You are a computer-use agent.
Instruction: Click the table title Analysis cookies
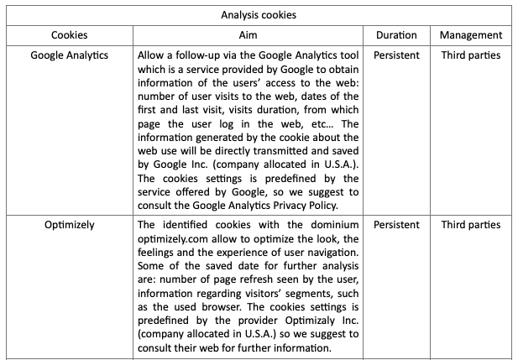point(259,15)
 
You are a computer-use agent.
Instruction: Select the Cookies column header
point(69,35)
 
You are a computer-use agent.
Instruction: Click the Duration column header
point(395,35)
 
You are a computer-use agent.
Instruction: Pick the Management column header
point(471,35)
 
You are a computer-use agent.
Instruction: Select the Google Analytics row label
point(69,55)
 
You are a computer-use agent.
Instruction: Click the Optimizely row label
point(69,225)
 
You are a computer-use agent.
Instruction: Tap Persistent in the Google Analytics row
point(395,55)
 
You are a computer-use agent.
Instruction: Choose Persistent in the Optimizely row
point(395,225)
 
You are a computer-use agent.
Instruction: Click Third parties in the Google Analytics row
point(471,55)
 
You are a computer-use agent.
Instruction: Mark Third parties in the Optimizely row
point(471,225)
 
